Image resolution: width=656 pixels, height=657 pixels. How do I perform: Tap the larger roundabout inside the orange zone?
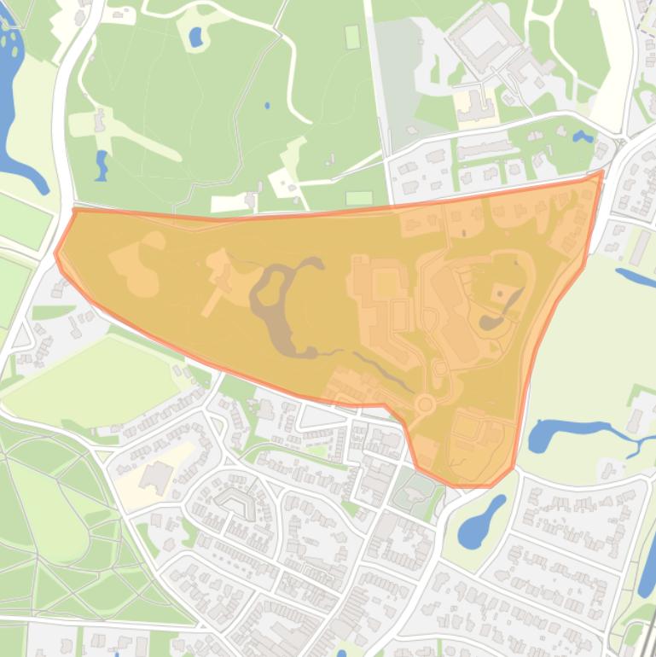[x=425, y=404]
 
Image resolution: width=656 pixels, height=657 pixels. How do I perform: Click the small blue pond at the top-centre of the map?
[x=195, y=37]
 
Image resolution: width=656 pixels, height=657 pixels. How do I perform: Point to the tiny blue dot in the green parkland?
[x=266, y=106]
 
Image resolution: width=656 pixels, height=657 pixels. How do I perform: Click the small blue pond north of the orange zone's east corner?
[x=583, y=137]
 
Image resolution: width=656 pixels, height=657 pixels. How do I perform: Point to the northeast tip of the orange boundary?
[x=601, y=172]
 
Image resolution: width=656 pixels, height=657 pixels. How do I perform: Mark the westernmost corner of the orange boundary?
[x=56, y=253]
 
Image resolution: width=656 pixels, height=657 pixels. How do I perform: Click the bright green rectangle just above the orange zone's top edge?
[x=359, y=198]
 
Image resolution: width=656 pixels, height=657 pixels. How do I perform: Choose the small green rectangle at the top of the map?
[x=352, y=37]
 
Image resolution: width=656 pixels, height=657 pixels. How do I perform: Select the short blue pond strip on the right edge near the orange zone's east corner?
[x=635, y=276]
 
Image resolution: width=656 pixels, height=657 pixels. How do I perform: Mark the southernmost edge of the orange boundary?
[x=469, y=485]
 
